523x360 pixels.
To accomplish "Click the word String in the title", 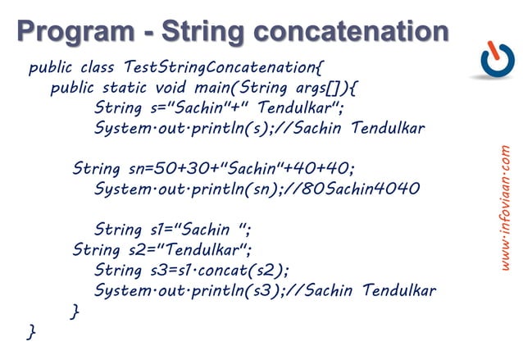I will [204, 30].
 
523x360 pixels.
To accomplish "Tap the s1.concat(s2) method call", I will [237, 271].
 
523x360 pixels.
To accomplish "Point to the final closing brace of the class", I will [31, 331].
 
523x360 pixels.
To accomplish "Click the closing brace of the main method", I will [75, 311].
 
